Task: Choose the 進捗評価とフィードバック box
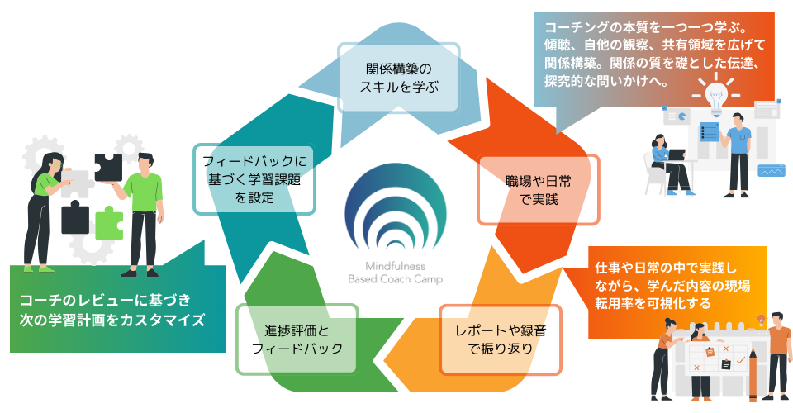(297, 339)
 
